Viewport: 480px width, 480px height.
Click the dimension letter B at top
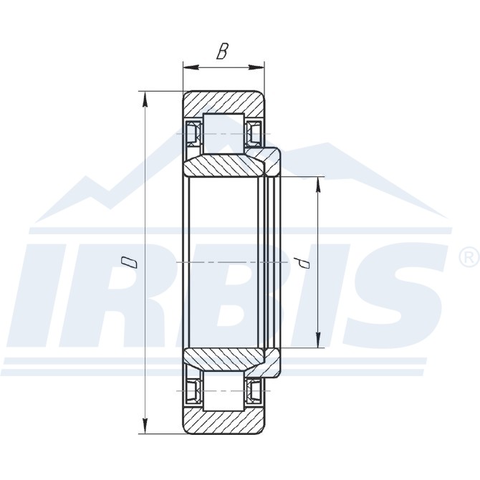tap(222, 51)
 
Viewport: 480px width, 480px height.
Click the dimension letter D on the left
tap(129, 262)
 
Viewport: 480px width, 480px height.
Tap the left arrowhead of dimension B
tap(191, 67)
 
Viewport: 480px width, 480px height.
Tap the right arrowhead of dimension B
tap(256, 67)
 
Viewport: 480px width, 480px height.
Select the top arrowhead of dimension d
tap(318, 185)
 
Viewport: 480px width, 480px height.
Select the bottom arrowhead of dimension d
tap(318, 340)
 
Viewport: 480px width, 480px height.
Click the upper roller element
tap(224, 133)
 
